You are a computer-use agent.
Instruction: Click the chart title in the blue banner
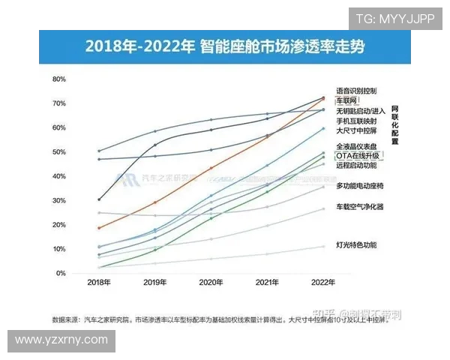click(225, 46)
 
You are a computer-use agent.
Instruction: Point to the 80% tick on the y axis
click(59, 79)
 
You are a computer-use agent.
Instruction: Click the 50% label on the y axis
click(59, 152)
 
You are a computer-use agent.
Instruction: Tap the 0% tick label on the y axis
click(61, 274)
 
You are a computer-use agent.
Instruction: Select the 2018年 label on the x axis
click(99, 283)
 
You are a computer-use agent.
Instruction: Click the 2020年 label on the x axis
click(211, 283)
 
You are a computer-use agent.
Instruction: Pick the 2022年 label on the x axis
click(323, 283)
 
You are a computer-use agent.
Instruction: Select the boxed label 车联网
click(347, 100)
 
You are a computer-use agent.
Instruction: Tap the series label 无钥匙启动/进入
click(361, 110)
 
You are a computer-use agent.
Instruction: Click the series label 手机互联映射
click(356, 121)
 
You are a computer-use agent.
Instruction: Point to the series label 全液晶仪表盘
click(356, 145)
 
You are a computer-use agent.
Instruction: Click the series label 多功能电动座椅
click(361, 185)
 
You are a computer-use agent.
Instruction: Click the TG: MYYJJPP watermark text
click(394, 18)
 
